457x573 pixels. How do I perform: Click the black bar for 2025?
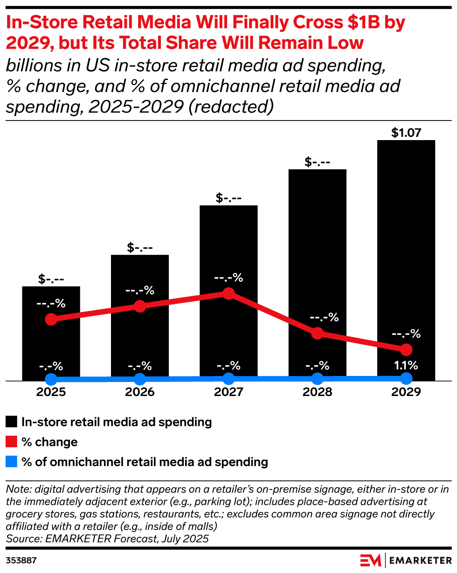point(51,346)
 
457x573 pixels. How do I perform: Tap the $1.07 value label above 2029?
point(406,133)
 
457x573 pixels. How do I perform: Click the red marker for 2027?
point(228,293)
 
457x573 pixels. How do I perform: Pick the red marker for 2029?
point(406,349)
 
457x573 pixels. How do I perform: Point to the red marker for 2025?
point(51,319)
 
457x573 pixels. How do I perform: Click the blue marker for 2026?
point(140,379)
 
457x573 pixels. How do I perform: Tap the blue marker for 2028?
point(317,378)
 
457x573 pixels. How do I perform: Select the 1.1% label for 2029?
point(406,365)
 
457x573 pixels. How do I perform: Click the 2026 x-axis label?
point(140,392)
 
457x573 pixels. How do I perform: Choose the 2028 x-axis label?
point(317,392)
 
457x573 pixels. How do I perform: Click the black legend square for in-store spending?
point(12,422)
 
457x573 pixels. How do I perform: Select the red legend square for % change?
point(12,442)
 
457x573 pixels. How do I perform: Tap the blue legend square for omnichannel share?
point(12,462)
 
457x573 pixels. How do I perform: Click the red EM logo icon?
point(371,559)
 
